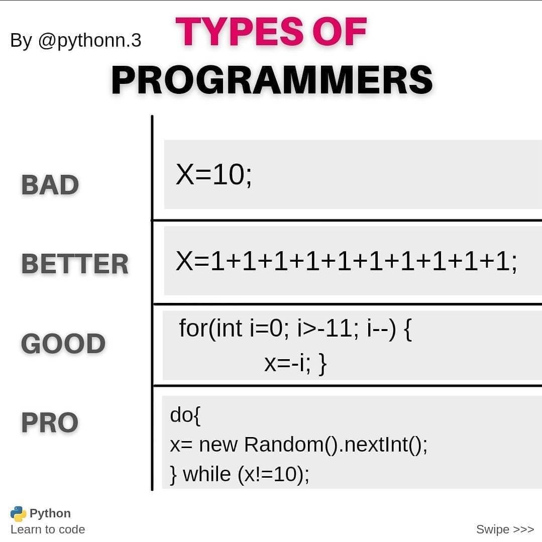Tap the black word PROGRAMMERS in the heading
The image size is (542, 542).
[x=272, y=80]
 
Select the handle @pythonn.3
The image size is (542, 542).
[x=89, y=41]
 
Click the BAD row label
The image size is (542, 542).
[x=50, y=184]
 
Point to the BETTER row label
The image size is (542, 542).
[x=75, y=264]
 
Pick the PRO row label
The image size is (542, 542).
[x=50, y=422]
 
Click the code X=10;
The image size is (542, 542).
[x=213, y=175]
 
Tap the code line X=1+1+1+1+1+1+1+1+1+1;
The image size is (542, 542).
[x=347, y=262]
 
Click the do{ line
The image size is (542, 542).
[x=185, y=415]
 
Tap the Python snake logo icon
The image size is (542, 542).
[x=18, y=514]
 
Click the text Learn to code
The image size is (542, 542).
[x=48, y=529]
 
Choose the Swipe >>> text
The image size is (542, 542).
[x=505, y=529]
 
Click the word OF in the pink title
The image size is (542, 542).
[x=340, y=32]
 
